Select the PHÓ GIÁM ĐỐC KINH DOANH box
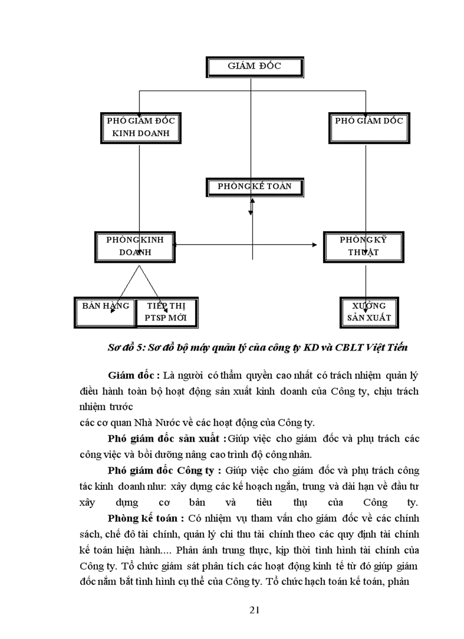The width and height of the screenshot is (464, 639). [140, 127]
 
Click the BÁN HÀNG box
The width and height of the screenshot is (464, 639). [105, 312]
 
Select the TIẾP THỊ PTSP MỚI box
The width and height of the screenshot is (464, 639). [167, 312]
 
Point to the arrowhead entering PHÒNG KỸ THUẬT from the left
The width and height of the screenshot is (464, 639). [314, 245]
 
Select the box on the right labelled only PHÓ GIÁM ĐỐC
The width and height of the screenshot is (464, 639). [368, 127]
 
